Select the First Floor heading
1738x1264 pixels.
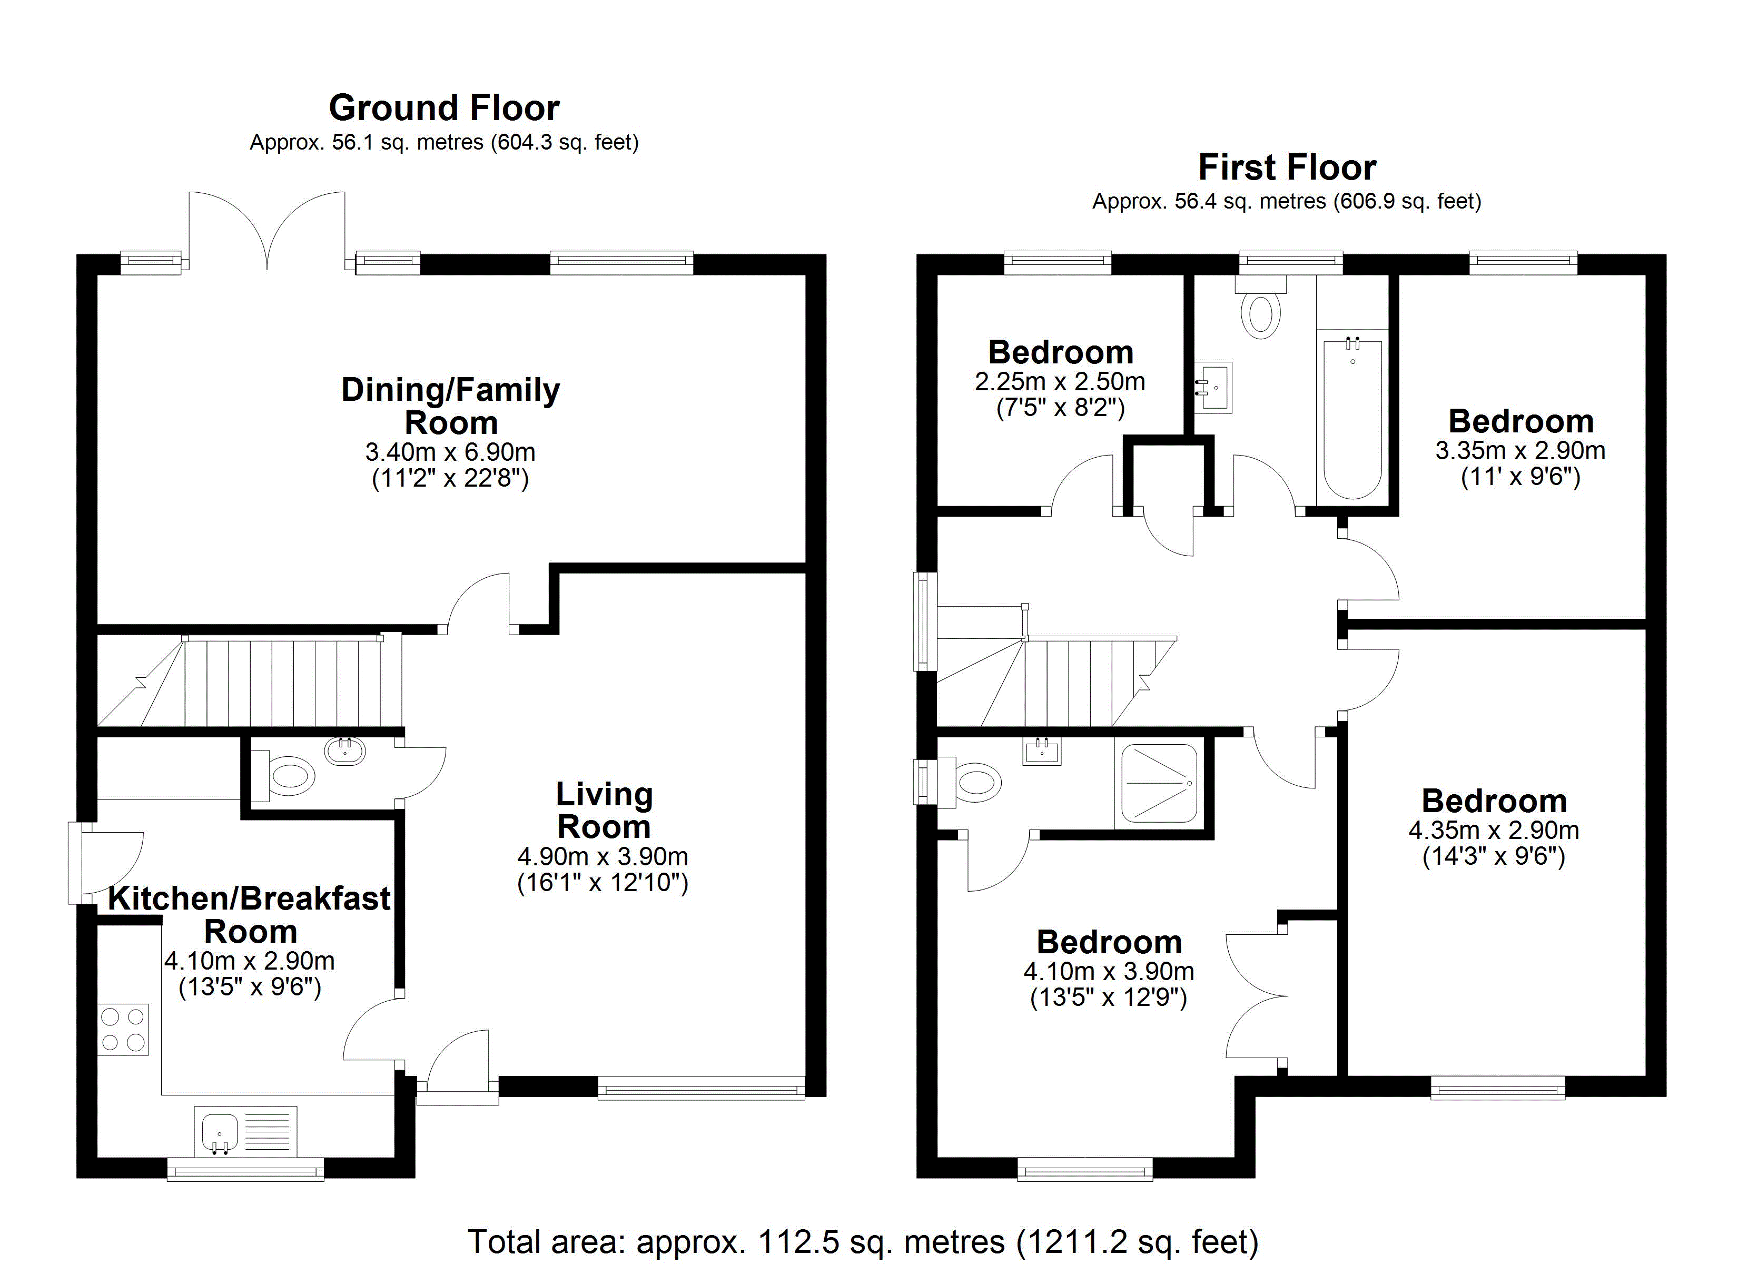tap(1287, 167)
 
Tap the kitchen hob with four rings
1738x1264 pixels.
tap(123, 1030)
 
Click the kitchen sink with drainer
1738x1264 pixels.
tap(245, 1131)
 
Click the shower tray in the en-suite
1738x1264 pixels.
tap(1159, 783)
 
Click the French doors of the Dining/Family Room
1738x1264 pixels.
tap(266, 230)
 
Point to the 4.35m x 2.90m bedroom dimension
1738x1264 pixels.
tap(1494, 830)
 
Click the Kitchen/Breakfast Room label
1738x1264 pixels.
tap(249, 914)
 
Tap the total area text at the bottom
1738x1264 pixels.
tap(863, 1241)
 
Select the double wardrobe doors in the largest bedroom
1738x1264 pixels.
tap(1257, 996)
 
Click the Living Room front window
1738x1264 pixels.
tap(700, 1088)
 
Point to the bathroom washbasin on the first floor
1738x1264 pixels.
tap(1214, 388)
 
